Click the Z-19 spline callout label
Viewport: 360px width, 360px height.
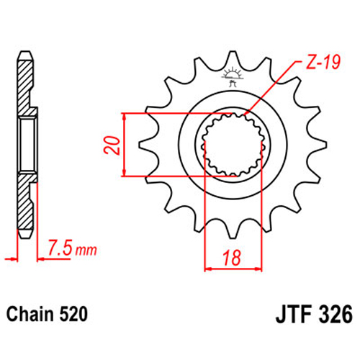[323, 62]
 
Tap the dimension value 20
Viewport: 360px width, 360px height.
[112, 145]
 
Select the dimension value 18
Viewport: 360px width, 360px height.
[232, 258]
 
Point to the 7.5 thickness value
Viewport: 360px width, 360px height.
[60, 248]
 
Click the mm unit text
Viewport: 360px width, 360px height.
[86, 250]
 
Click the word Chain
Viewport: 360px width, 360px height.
[30, 314]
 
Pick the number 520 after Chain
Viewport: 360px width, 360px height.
[73, 314]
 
